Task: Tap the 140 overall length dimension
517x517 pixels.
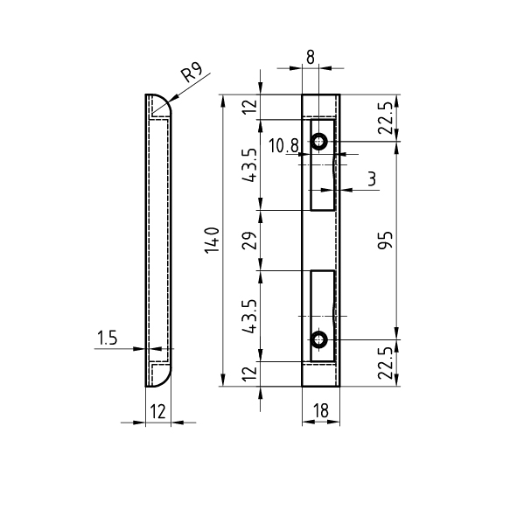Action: (212, 241)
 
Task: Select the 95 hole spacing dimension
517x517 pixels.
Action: (385, 240)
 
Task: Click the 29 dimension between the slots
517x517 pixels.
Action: (249, 241)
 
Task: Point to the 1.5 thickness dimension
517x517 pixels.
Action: (107, 338)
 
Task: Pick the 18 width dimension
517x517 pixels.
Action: (321, 411)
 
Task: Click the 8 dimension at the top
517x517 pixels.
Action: (311, 58)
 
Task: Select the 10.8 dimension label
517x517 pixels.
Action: (283, 146)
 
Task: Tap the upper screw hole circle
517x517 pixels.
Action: (318, 142)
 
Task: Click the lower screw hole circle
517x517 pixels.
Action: (318, 339)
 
